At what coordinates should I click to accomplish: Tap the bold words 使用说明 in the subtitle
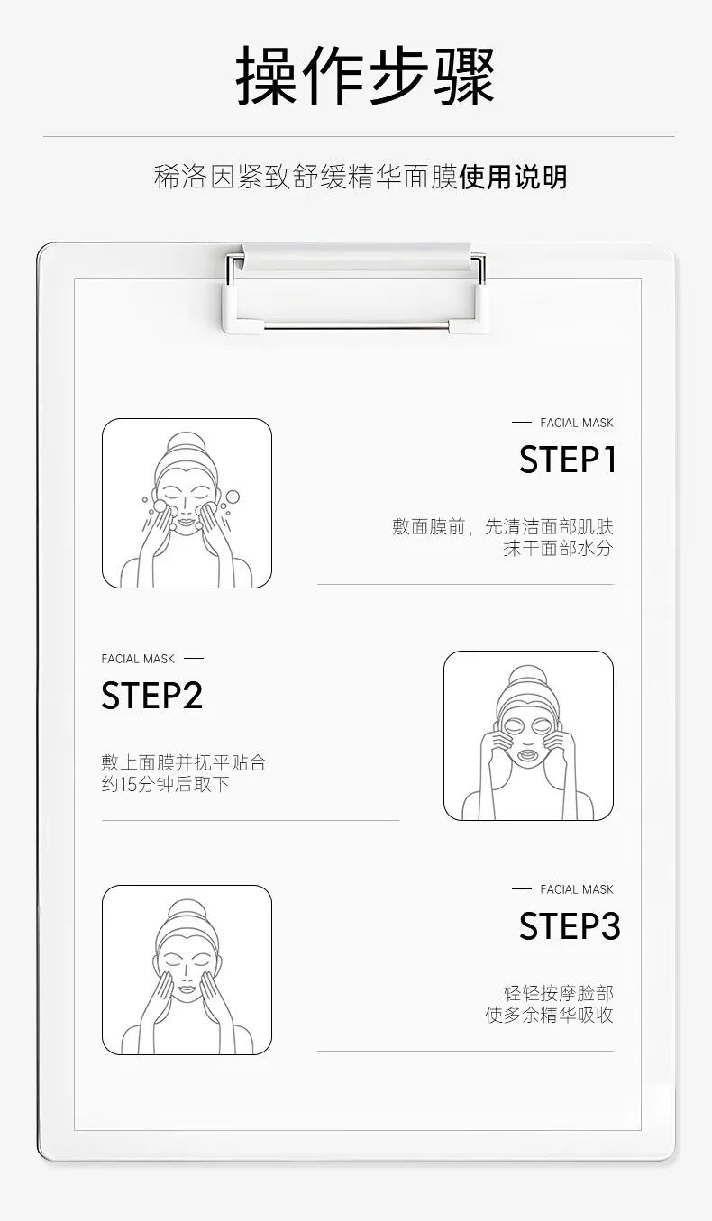click(513, 177)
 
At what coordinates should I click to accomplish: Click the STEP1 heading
click(568, 459)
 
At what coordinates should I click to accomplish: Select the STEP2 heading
click(151, 695)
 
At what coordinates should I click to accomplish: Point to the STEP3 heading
click(570, 926)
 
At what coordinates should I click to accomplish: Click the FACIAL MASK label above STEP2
click(138, 659)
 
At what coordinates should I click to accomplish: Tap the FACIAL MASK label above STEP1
click(577, 423)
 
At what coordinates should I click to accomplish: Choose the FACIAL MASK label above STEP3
click(577, 889)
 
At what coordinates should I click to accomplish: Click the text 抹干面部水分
click(558, 548)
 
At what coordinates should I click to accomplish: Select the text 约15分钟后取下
click(165, 784)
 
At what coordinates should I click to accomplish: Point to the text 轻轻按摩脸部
click(558, 993)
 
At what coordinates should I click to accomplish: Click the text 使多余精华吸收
click(549, 1015)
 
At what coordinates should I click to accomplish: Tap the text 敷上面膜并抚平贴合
click(184, 762)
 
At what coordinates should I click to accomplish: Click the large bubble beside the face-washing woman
click(233, 497)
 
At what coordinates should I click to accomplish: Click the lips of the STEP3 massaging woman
click(187, 989)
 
